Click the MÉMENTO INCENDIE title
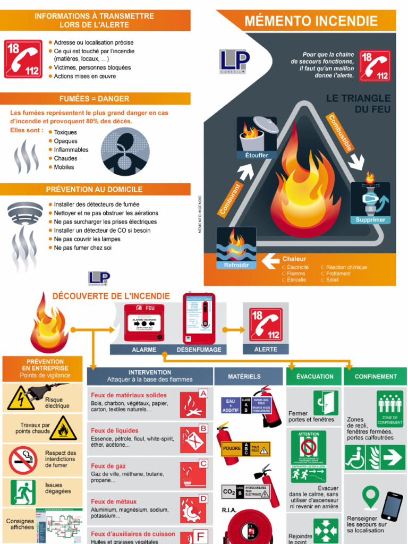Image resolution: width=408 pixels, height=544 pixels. tap(311, 21)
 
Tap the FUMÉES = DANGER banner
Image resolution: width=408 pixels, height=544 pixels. tap(95, 99)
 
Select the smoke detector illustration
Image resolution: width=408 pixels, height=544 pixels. tap(25, 213)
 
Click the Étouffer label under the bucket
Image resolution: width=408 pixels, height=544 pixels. tap(257, 155)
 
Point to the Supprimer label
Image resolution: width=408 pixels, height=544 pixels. tap(370, 219)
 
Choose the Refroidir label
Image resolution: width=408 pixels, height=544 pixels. tap(236, 265)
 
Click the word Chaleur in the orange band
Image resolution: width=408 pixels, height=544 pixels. tap(294, 259)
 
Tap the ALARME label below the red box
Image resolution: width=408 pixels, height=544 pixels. tap(144, 350)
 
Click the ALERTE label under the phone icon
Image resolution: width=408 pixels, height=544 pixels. tap(266, 349)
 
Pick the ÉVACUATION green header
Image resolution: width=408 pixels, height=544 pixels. tap(314, 377)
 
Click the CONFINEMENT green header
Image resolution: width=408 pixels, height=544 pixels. tap(376, 377)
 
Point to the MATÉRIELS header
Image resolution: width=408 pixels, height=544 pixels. tap(244, 377)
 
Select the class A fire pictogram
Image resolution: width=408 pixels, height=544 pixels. tap(193, 404)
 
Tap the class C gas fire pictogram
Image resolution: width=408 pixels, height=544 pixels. tap(193, 474)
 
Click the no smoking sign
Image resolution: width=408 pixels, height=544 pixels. tap(23, 460)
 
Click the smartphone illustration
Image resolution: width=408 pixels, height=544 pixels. tap(392, 506)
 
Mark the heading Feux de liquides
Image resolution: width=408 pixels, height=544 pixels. tap(115, 431)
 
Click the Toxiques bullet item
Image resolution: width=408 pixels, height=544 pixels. tap(65, 132)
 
